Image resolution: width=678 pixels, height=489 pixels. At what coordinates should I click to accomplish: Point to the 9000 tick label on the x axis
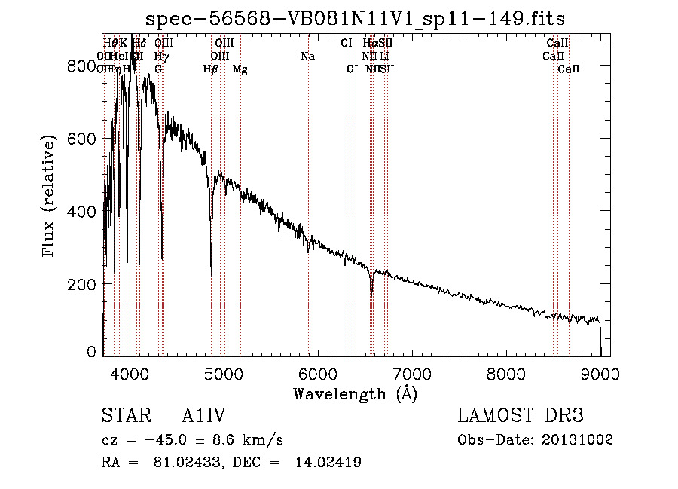coord(600,373)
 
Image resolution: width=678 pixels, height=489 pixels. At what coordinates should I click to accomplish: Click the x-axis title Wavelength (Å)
coord(355,393)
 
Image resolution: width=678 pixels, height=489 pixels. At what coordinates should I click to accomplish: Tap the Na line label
coord(307,57)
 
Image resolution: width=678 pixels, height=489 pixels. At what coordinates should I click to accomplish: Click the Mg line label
coord(240,69)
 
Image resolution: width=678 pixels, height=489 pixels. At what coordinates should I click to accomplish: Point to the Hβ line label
coord(210,69)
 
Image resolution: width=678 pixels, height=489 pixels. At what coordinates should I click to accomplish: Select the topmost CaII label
coord(557,43)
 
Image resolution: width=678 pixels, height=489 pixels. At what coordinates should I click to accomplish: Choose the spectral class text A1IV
coord(203,416)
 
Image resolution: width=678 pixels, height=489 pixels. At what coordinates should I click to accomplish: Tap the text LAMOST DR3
coord(521,416)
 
